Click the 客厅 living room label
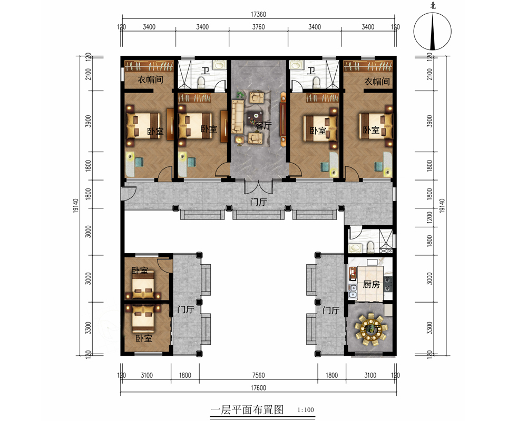point(263,126)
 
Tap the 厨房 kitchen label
point(371,284)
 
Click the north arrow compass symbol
point(433,31)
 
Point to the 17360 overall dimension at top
point(258,14)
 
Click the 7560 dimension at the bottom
point(258,375)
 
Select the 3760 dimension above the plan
point(258,27)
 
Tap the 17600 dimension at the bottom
point(258,388)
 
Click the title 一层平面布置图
point(247,410)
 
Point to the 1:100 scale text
point(306,410)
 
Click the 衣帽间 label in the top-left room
point(150,79)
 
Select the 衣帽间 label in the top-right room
point(377,81)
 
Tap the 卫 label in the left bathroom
point(206,71)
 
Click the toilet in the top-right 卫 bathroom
point(316,82)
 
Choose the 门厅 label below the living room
point(258,202)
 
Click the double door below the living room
point(258,187)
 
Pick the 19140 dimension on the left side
point(75,205)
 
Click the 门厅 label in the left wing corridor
point(186,309)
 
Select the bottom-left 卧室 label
point(144,338)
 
